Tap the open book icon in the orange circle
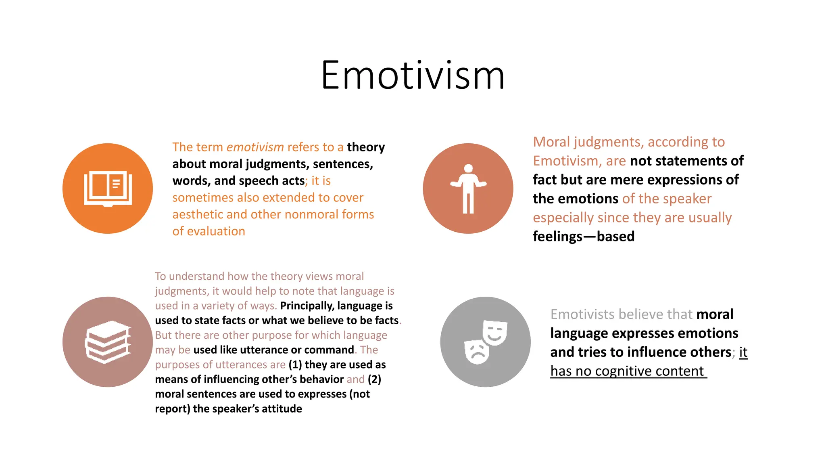coord(108,189)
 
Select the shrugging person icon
coord(468,189)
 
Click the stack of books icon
coord(108,342)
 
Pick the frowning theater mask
coord(477,352)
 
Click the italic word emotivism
coord(255,147)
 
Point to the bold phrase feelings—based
coord(583,237)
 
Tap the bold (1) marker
coord(295,364)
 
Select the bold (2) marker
coord(374,379)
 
